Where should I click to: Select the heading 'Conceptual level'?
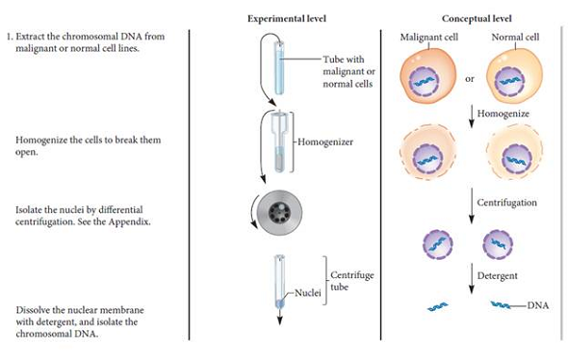(x=475, y=18)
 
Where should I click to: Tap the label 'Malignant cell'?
(x=427, y=37)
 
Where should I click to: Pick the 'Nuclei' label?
(x=307, y=290)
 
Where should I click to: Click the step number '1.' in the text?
(x=11, y=37)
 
